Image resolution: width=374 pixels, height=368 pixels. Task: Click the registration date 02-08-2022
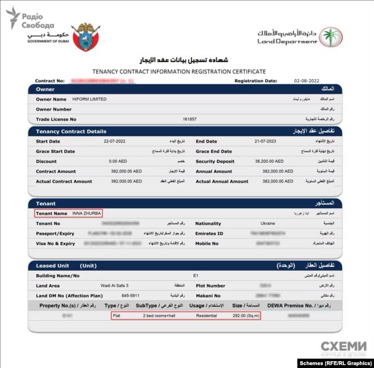pos(305,81)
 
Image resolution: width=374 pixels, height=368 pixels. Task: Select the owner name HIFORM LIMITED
pos(89,99)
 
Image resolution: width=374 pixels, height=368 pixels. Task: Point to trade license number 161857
pos(190,119)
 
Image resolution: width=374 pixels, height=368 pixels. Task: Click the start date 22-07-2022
pos(114,141)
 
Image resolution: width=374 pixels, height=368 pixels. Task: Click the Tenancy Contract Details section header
pos(71,131)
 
